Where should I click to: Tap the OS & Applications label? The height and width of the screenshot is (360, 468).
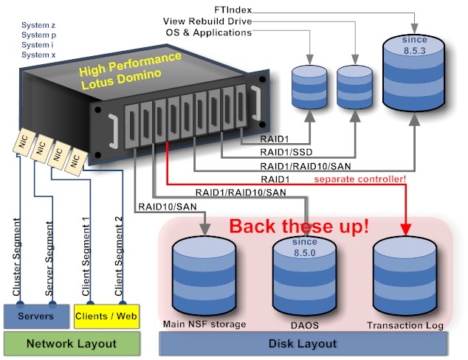click(209, 32)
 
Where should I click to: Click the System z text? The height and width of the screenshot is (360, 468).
click(38, 24)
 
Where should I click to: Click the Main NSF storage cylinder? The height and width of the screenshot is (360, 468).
click(203, 277)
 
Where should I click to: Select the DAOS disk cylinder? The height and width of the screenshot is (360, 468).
click(304, 277)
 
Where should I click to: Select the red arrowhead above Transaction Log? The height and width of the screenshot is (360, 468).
click(405, 227)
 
